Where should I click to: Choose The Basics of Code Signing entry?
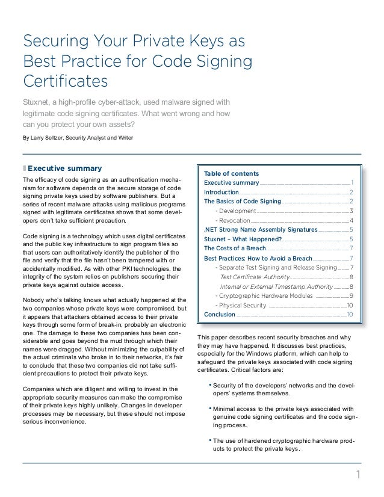pos(243,201)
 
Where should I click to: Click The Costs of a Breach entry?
pos(234,248)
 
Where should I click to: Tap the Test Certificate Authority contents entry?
pos(255,277)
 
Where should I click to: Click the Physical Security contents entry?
pos(243,305)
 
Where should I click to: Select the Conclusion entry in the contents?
pos(220,314)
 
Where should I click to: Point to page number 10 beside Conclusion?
pos(350,314)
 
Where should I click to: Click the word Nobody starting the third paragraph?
pos(34,300)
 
